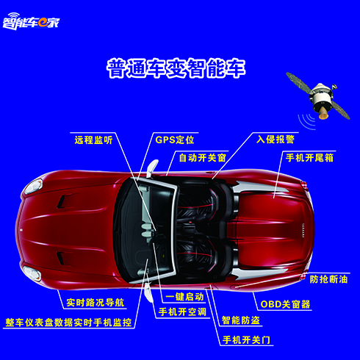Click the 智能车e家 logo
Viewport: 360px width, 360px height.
(x=31, y=21)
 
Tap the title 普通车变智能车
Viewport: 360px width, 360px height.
(x=176, y=68)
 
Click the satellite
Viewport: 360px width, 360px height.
(x=318, y=96)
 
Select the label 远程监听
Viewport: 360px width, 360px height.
(x=93, y=140)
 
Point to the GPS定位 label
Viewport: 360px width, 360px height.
(x=175, y=140)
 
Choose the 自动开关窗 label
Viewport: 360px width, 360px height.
(x=202, y=158)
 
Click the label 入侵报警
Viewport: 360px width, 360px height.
(x=276, y=139)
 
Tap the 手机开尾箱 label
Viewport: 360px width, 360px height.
(x=309, y=158)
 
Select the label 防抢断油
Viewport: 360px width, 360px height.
(x=328, y=279)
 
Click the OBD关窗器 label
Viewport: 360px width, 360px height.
(x=285, y=304)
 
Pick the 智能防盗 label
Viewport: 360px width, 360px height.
(x=240, y=320)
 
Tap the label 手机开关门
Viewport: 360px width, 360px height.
(x=246, y=340)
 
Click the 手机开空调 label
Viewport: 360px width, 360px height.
(x=182, y=312)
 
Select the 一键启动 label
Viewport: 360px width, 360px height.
(x=184, y=297)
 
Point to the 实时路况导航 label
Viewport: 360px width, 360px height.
(x=96, y=303)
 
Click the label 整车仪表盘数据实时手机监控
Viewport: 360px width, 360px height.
(x=68, y=323)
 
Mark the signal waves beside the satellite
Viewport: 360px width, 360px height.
(x=306, y=121)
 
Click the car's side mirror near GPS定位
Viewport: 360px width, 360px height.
(x=152, y=168)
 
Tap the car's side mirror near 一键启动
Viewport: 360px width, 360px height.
(x=148, y=292)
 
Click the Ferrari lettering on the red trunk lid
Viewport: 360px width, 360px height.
(x=303, y=230)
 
